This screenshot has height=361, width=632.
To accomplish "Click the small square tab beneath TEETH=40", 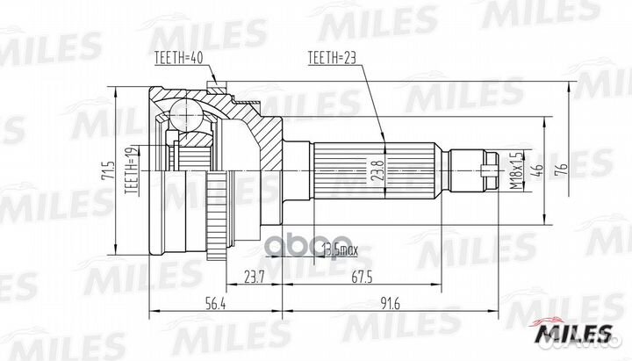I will point(213,85).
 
